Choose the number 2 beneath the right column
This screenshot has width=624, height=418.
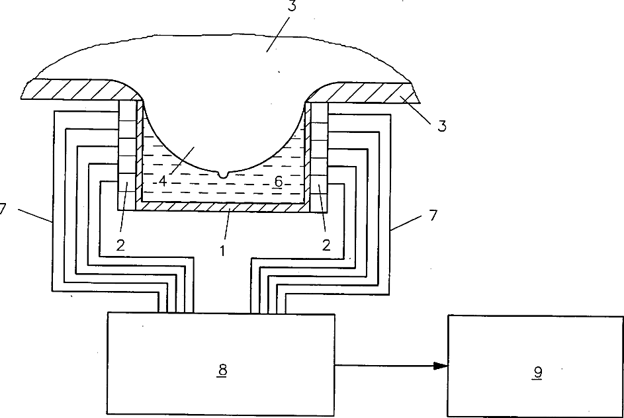pos(326,245)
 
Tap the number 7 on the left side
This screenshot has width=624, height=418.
pos(3,209)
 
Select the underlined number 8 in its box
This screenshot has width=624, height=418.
pos(222,370)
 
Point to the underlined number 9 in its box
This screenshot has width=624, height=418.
pos(537,373)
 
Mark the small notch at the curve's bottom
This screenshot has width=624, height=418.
pos(222,175)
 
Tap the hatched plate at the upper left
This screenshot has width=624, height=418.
pos(73,90)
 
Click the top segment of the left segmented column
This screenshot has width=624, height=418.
pos(126,109)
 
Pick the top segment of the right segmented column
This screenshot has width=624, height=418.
pos(320,110)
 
